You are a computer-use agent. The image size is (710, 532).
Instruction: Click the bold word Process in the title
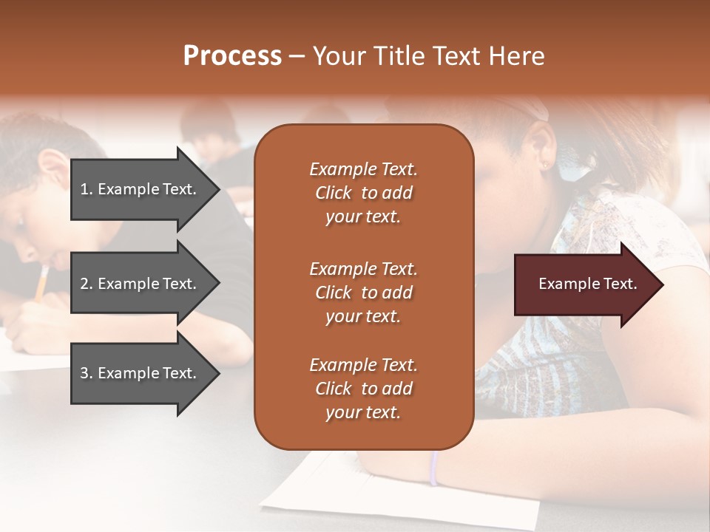[232, 56]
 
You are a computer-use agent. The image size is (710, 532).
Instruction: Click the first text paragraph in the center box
[363, 193]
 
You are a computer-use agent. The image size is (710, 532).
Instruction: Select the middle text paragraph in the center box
[363, 293]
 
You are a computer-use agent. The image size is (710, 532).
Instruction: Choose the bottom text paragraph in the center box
[363, 389]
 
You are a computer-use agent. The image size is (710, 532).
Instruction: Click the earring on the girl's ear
[547, 166]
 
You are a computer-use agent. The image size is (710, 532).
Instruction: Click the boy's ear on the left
[50, 164]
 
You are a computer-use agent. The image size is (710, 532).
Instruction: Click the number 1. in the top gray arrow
[86, 189]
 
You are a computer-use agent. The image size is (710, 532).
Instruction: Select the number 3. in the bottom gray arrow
[86, 373]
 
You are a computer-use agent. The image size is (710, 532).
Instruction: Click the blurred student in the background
[211, 129]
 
